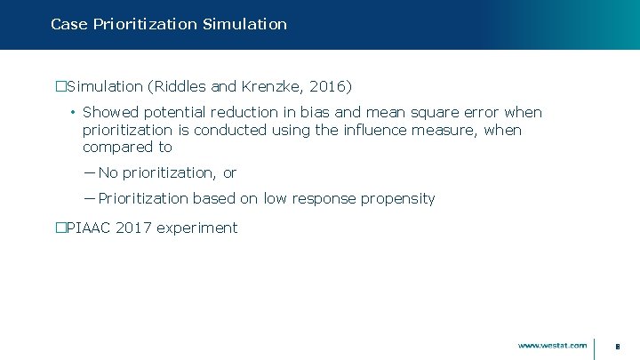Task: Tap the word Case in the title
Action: click(68, 24)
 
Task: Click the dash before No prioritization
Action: click(89, 172)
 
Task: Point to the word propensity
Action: click(397, 199)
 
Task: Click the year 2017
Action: click(133, 228)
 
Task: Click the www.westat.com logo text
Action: click(552, 345)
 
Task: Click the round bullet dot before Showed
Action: click(73, 113)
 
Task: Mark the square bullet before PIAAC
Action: click(60, 228)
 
